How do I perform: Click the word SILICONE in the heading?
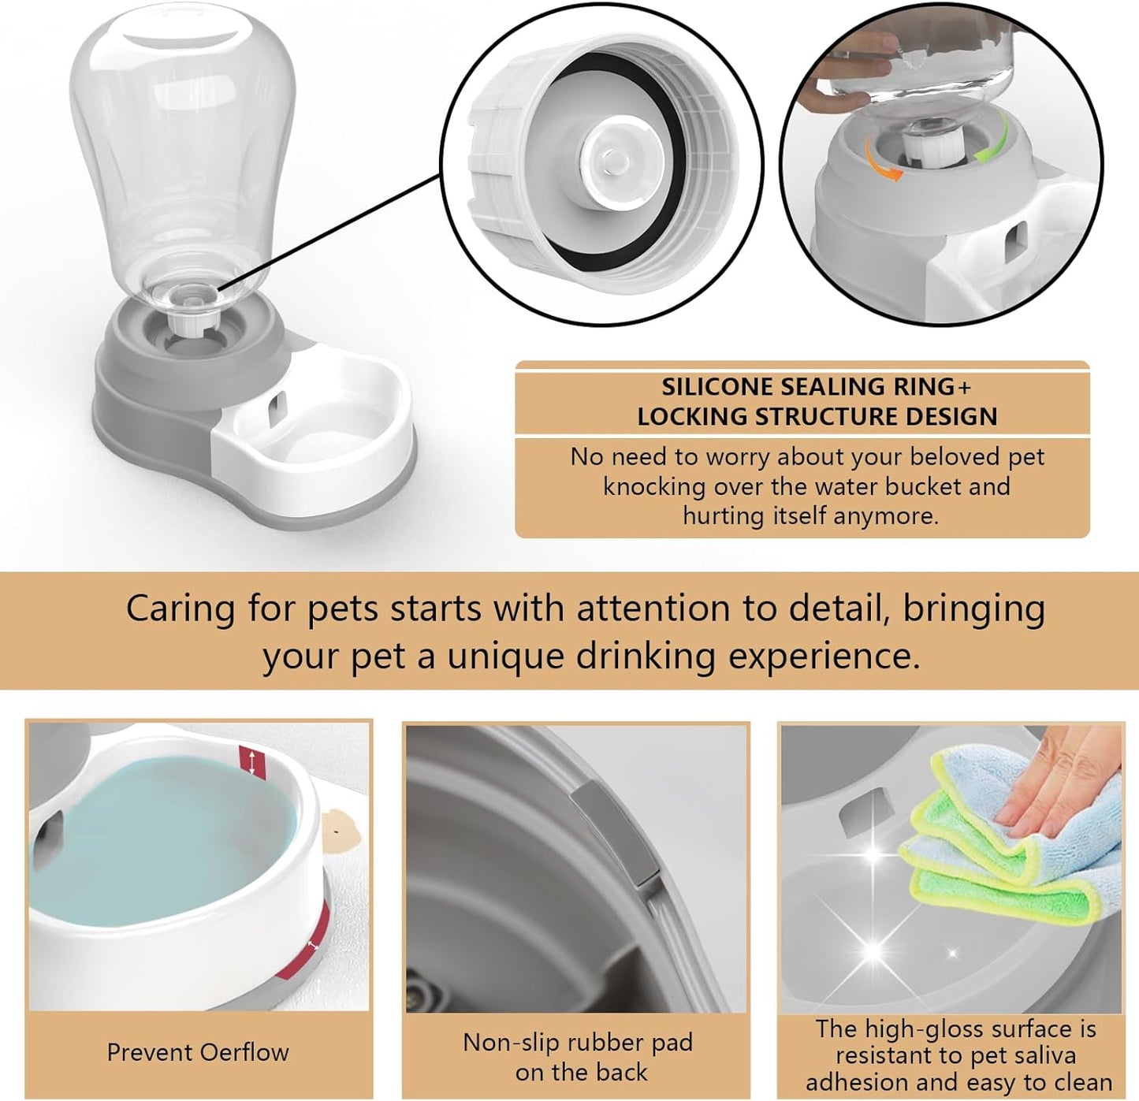tap(717, 387)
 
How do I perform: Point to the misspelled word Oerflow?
tap(244, 1052)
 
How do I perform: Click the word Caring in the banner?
tap(181, 609)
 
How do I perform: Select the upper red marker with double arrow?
tap(252, 761)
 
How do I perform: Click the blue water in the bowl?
tap(158, 835)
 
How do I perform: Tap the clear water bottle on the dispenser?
tap(181, 150)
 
